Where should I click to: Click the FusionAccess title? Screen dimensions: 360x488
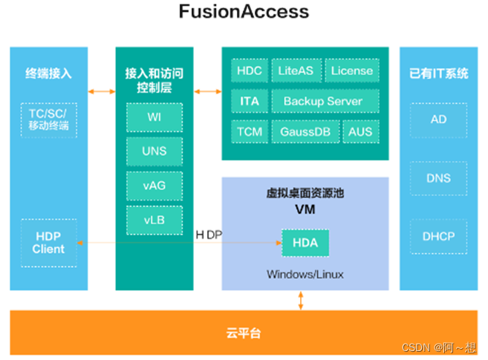244,13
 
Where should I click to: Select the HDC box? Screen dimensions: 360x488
249,71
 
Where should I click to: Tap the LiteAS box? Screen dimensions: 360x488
296,71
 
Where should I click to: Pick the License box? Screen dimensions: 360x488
352,71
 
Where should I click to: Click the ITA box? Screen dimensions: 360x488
249,101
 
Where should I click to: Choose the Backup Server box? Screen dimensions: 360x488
323,101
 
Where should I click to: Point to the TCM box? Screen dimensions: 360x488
249,131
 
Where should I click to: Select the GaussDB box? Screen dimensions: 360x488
305,131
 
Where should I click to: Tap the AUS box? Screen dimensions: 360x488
360,131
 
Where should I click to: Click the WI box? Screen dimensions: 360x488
154,117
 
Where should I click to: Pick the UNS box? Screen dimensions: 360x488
154,151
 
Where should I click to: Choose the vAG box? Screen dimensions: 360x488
154,185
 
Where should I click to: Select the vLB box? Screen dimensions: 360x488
154,219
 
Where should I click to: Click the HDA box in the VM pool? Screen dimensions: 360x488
305,243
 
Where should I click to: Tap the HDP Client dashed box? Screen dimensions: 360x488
48,243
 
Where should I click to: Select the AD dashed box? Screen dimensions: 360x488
438,119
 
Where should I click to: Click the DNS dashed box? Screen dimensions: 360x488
438,178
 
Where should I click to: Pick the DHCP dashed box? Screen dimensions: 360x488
438,237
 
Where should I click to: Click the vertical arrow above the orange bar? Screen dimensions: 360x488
301,300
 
